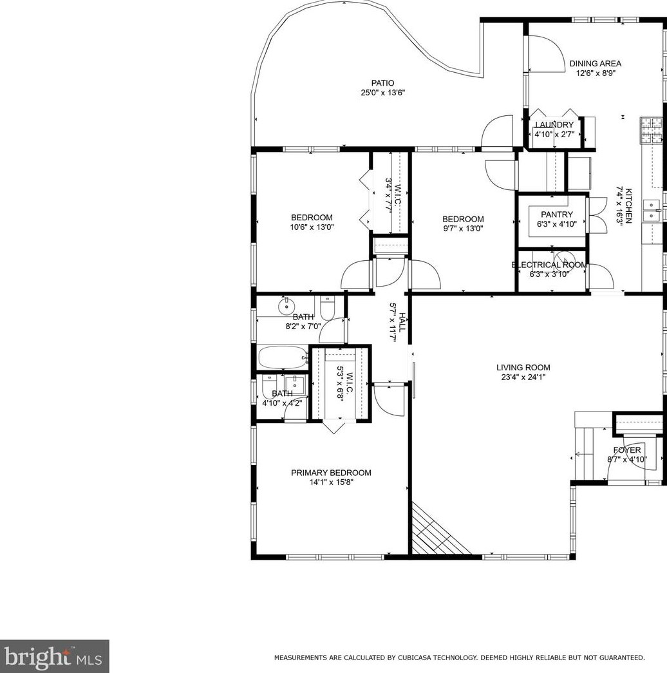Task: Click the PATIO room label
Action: (x=382, y=83)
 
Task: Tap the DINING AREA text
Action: (x=595, y=64)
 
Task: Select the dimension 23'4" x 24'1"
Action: (x=523, y=377)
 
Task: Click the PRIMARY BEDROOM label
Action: (x=331, y=473)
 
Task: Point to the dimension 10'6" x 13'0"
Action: (x=312, y=227)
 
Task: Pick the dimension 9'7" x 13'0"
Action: (x=462, y=228)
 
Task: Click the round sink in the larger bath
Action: (x=285, y=306)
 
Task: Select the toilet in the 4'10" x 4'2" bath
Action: (x=268, y=388)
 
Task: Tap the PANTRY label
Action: (x=556, y=214)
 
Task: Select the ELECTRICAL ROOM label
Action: (x=549, y=265)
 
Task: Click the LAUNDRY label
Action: (x=554, y=125)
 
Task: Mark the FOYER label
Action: (x=626, y=450)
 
